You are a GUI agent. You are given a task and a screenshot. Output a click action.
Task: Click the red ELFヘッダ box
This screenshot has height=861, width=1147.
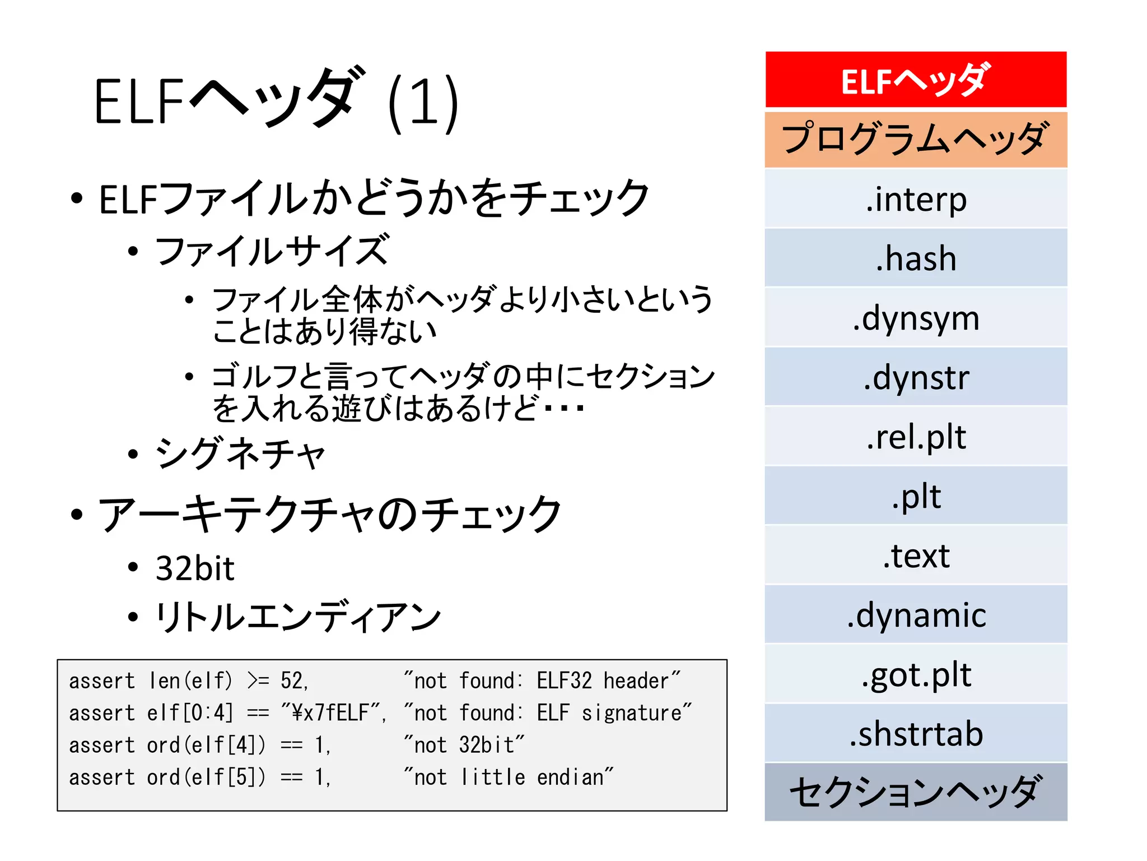[915, 80]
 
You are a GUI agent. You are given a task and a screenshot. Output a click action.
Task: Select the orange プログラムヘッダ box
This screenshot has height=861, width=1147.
[915, 140]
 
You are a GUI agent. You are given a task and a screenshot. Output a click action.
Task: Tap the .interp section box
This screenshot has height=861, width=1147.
[915, 199]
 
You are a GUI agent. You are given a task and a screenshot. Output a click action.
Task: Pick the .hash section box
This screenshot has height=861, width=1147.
[915, 258]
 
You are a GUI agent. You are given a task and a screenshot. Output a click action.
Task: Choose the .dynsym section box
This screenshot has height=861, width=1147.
[915, 318]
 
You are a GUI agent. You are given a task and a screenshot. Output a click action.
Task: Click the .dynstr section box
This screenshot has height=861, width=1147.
[915, 377]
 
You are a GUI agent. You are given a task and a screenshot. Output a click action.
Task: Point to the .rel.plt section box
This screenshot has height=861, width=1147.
[915, 437]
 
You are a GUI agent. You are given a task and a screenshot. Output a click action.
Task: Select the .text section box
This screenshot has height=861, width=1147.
[915, 556]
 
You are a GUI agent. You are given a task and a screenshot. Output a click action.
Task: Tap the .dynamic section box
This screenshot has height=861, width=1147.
[915, 615]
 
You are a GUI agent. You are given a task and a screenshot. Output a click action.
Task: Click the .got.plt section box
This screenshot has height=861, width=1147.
[915, 674]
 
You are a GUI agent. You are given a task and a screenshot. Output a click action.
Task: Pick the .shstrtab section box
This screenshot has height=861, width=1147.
[915, 734]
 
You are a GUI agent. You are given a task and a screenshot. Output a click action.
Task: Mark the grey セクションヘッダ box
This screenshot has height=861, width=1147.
[915, 792]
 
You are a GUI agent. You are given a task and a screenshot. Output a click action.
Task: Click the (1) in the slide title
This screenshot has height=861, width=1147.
[423, 104]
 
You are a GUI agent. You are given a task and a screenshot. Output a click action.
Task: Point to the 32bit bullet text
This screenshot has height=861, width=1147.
[195, 568]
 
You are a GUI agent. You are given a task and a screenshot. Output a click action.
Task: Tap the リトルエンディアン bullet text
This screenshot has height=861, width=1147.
[298, 617]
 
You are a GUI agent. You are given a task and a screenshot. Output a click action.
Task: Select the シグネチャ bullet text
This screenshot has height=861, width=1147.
[240, 453]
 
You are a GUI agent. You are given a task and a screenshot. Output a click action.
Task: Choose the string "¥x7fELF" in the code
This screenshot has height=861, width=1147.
[330, 713]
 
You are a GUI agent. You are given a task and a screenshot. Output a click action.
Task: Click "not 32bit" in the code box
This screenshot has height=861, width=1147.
[464, 745]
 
